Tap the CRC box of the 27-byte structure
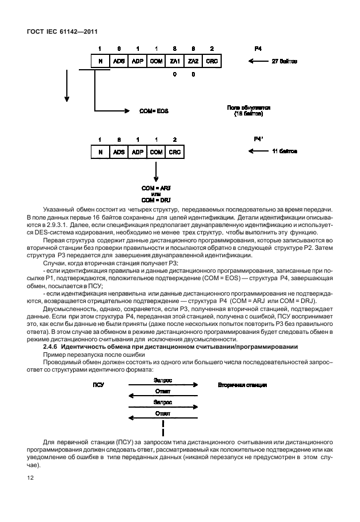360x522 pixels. [x=212, y=61]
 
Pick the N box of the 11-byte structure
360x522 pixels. [x=100, y=152]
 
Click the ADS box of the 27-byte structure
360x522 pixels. [x=119, y=61]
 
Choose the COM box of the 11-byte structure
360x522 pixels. [x=155, y=152]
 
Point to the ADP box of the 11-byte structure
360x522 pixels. [x=137, y=152]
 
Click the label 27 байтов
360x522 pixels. [x=284, y=61]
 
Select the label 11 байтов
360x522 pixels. [x=284, y=152]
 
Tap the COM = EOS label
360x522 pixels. [x=154, y=110]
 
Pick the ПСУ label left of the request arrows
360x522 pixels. [x=98, y=385]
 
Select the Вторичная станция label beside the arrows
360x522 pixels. [x=242, y=385]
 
